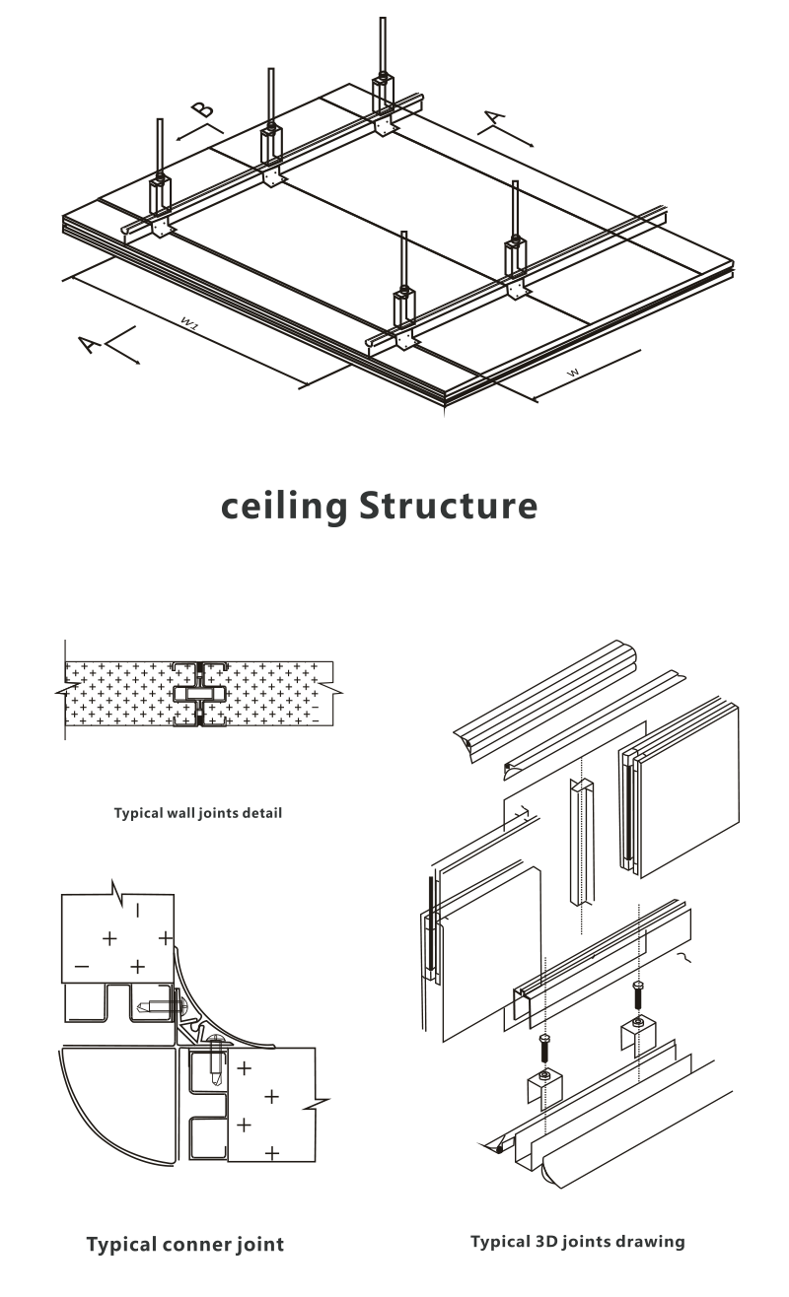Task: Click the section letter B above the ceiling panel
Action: (202, 109)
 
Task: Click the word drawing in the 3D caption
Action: (650, 1242)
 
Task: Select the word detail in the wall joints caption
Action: (261, 814)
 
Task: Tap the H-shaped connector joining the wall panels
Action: (199, 693)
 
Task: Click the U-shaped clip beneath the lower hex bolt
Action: (543, 1087)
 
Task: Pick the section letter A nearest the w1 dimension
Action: (89, 344)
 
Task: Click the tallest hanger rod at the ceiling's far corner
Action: (383, 44)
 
